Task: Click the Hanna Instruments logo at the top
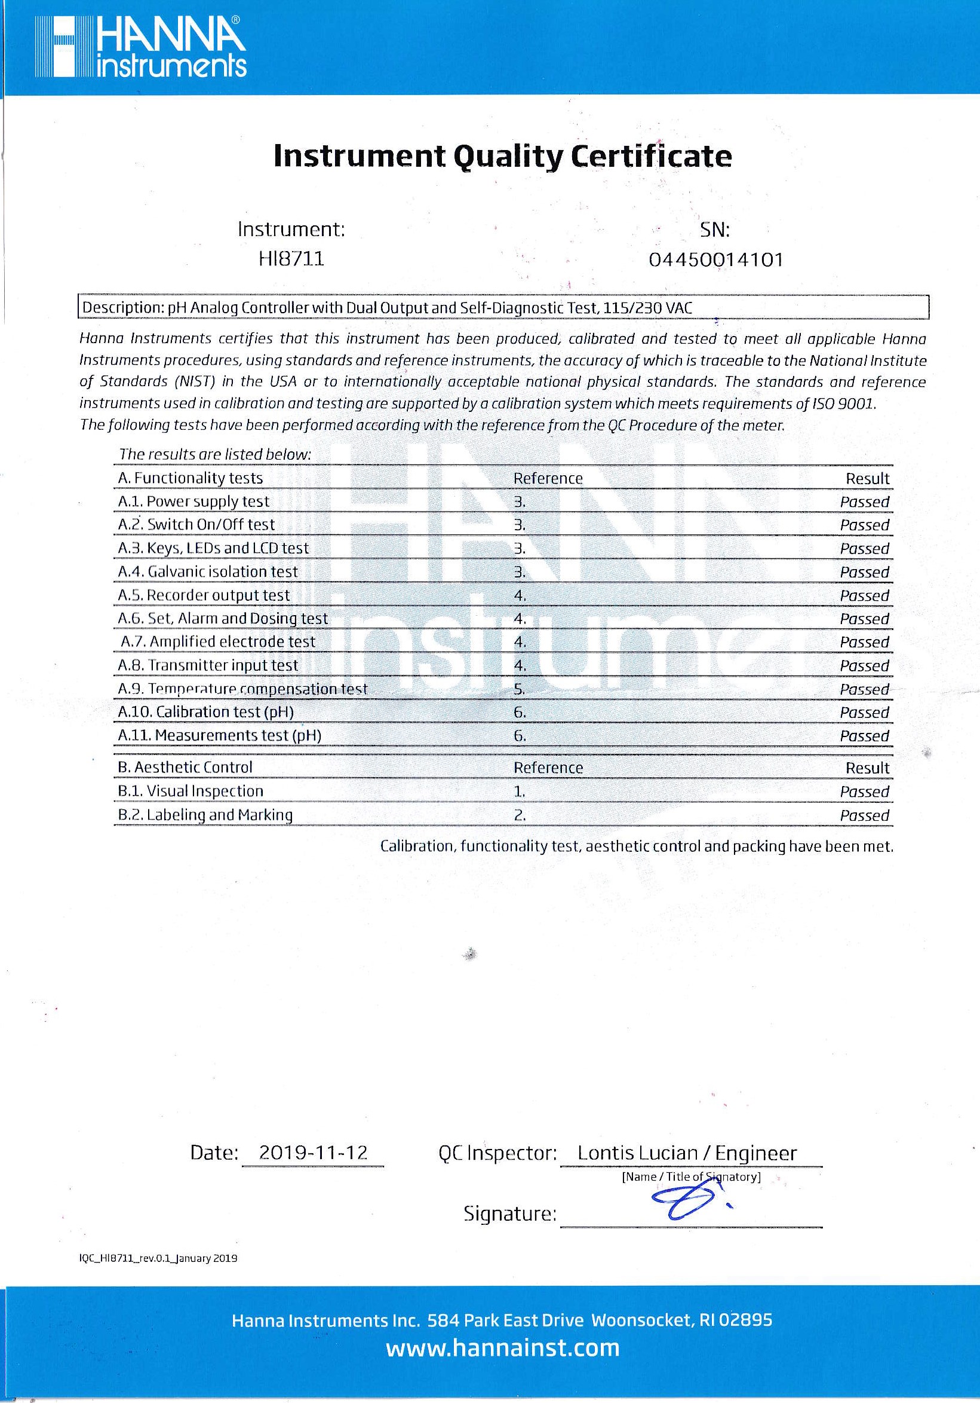pyautogui.click(x=140, y=47)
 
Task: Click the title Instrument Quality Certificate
pyautogui.click(x=502, y=157)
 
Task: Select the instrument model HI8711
pyautogui.click(x=291, y=259)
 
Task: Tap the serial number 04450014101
pyautogui.click(x=715, y=260)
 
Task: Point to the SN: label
pyautogui.click(x=715, y=230)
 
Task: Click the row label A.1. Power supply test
pyautogui.click(x=193, y=502)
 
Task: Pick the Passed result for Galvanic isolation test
pyautogui.click(x=864, y=573)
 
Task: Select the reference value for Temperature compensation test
pyautogui.click(x=520, y=689)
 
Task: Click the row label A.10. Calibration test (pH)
pyautogui.click(x=206, y=712)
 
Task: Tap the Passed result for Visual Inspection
pyautogui.click(x=864, y=792)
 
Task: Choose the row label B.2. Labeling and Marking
pyautogui.click(x=205, y=815)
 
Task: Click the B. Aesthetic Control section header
pyautogui.click(x=185, y=768)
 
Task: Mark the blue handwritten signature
pyautogui.click(x=690, y=1201)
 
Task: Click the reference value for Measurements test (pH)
pyautogui.click(x=520, y=736)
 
